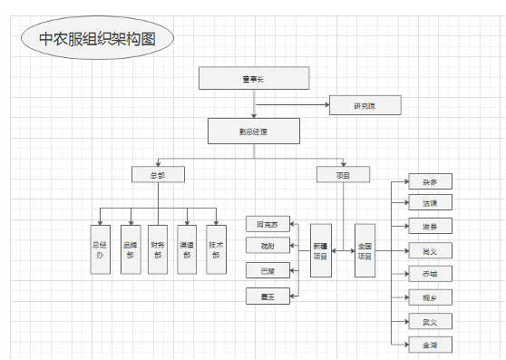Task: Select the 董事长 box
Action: click(254, 79)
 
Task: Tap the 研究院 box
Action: click(365, 106)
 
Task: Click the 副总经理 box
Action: click(254, 131)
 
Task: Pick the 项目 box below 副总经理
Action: click(344, 174)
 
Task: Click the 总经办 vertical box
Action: click(100, 249)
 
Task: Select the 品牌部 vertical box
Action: click(130, 249)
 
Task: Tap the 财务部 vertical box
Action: click(159, 249)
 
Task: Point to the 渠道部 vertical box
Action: click(187, 249)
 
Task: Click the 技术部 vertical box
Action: click(216, 249)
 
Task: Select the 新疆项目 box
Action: click(320, 250)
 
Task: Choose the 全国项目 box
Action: click(365, 250)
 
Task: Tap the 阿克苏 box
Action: click(268, 223)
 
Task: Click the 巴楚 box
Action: click(268, 270)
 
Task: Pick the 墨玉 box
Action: click(268, 295)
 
